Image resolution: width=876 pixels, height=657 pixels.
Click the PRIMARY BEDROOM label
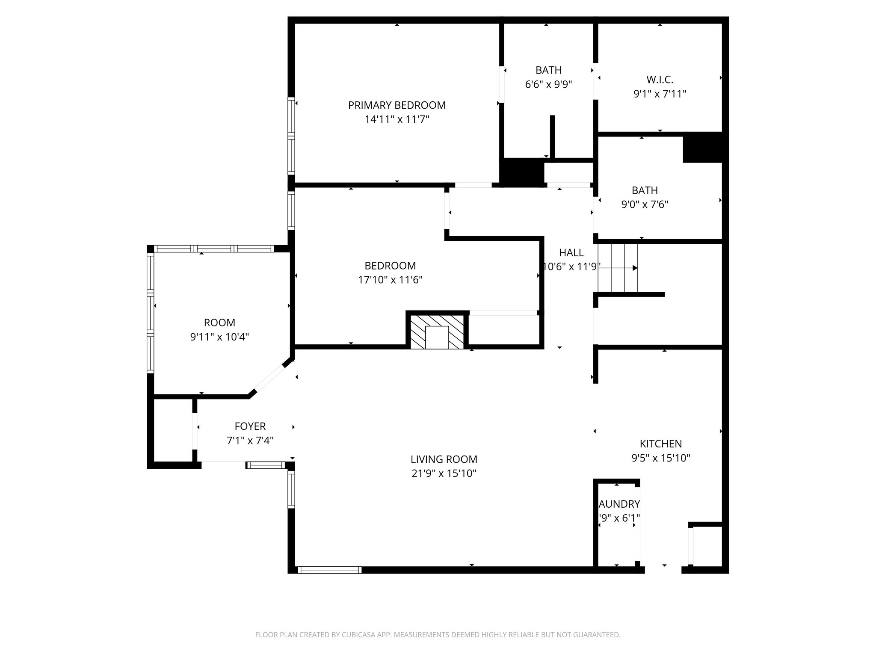click(397, 105)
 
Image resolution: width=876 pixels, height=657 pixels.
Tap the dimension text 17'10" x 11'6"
click(390, 280)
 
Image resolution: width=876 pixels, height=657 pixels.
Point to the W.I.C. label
click(660, 80)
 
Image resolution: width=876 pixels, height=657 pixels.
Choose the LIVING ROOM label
click(444, 459)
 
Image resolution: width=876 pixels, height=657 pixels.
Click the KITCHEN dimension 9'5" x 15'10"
click(660, 458)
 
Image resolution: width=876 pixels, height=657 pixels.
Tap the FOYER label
click(250, 426)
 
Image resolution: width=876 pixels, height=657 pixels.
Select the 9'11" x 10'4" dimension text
click(219, 337)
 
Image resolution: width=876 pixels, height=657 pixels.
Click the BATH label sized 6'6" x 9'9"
click(548, 70)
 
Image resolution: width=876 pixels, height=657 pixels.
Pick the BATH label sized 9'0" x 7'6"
click(645, 190)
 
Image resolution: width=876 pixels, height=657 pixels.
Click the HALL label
click(571, 252)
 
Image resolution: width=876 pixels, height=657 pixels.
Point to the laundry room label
click(619, 504)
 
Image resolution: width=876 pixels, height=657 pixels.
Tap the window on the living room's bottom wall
click(329, 570)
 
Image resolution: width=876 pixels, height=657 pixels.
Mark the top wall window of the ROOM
click(214, 249)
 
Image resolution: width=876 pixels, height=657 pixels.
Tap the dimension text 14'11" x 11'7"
click(397, 119)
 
